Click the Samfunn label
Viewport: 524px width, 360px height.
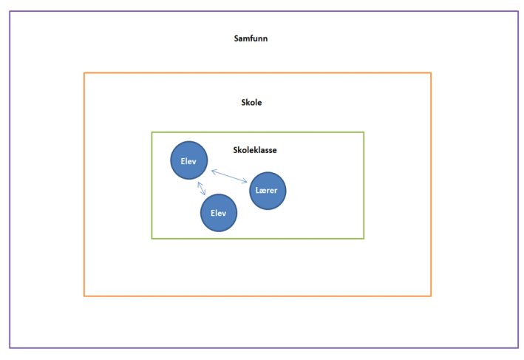point(251,38)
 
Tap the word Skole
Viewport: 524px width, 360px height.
point(251,102)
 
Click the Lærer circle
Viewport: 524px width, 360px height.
point(268,191)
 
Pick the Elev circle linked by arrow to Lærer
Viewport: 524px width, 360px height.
point(188,160)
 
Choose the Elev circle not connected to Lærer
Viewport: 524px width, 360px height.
point(219,213)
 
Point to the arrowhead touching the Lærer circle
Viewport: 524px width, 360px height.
point(245,181)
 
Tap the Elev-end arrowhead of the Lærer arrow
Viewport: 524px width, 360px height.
point(213,171)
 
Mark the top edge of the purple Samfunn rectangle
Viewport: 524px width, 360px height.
point(263,11)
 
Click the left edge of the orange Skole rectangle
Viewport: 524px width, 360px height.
point(84,185)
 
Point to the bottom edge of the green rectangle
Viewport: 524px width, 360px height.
point(258,238)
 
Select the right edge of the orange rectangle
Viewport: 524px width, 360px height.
point(431,185)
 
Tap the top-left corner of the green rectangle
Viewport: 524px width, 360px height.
point(152,132)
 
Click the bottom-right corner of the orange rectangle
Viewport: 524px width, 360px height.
point(431,296)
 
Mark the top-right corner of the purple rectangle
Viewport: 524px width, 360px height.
point(517,11)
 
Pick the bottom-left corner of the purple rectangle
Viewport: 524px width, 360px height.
point(10,347)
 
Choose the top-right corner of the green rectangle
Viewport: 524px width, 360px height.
point(364,132)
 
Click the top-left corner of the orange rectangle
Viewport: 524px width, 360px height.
point(84,72)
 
